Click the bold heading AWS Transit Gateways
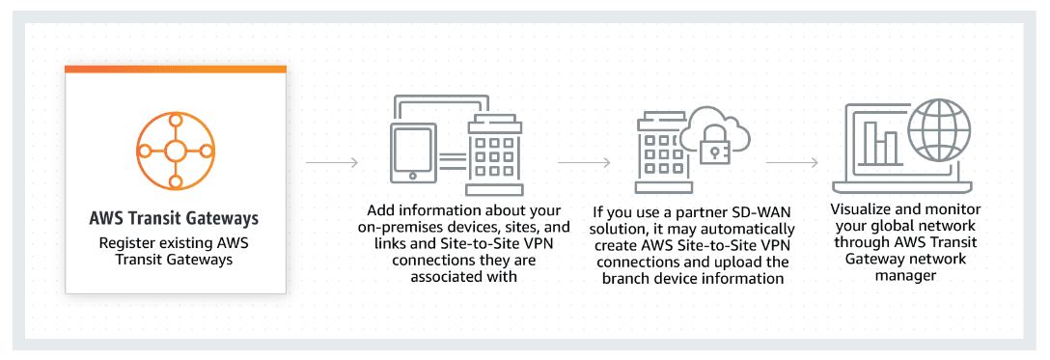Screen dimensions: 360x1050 pos(175,218)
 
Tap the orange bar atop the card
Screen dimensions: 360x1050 pos(175,69)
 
